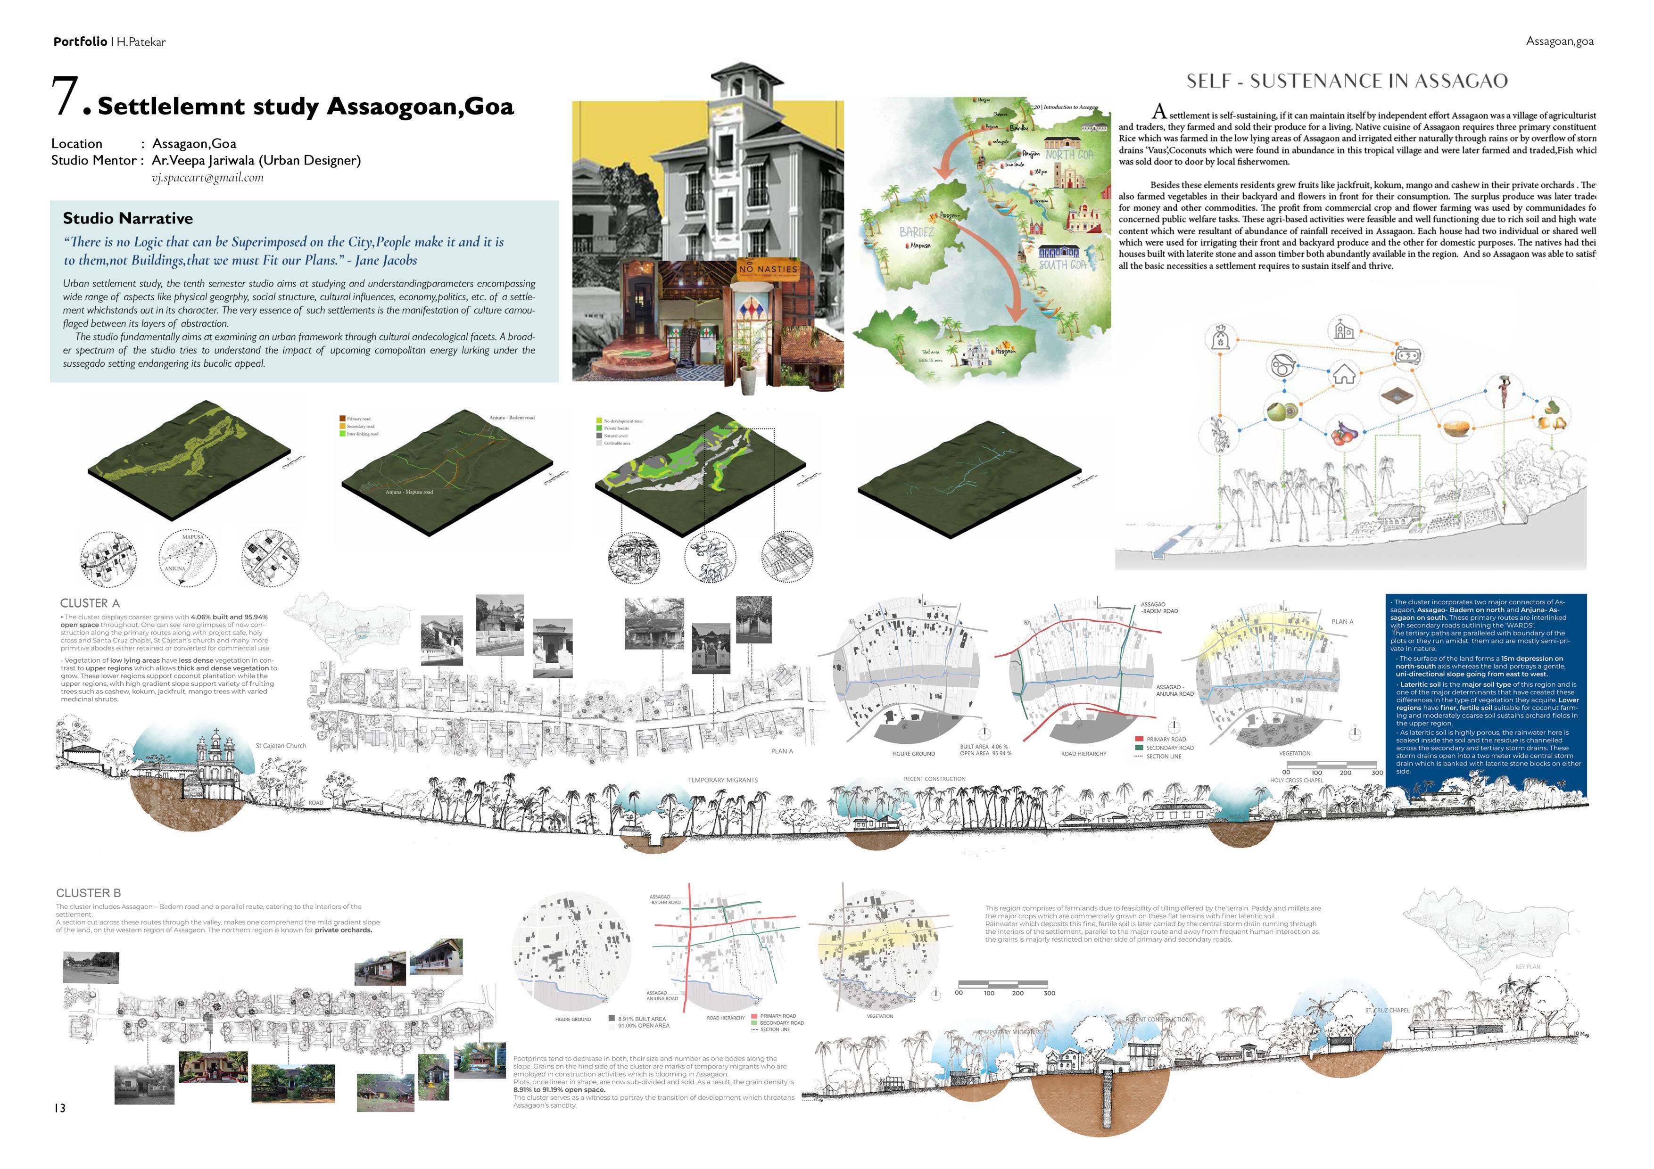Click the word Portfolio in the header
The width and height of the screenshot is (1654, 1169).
pyautogui.click(x=80, y=42)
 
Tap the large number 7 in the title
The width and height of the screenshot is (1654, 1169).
pyautogui.click(x=65, y=97)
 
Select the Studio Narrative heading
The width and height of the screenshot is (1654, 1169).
pyautogui.click(x=127, y=218)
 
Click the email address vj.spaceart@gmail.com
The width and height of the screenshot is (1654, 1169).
pyautogui.click(x=207, y=178)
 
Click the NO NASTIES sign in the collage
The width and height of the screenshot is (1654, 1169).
pyautogui.click(x=769, y=269)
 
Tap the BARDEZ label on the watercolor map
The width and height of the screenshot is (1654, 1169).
pyautogui.click(x=916, y=232)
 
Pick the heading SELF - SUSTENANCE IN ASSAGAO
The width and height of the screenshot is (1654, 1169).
pyautogui.click(x=1347, y=81)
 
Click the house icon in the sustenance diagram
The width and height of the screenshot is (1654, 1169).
pyautogui.click(x=1344, y=375)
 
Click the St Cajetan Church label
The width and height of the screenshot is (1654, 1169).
pyautogui.click(x=281, y=746)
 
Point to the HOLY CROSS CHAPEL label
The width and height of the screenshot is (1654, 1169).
pyautogui.click(x=1297, y=780)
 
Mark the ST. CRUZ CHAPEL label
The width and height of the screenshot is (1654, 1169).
pyautogui.click(x=1387, y=1011)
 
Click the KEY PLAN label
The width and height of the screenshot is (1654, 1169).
pyautogui.click(x=1527, y=967)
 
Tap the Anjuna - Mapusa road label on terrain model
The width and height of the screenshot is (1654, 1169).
pyautogui.click(x=408, y=492)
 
